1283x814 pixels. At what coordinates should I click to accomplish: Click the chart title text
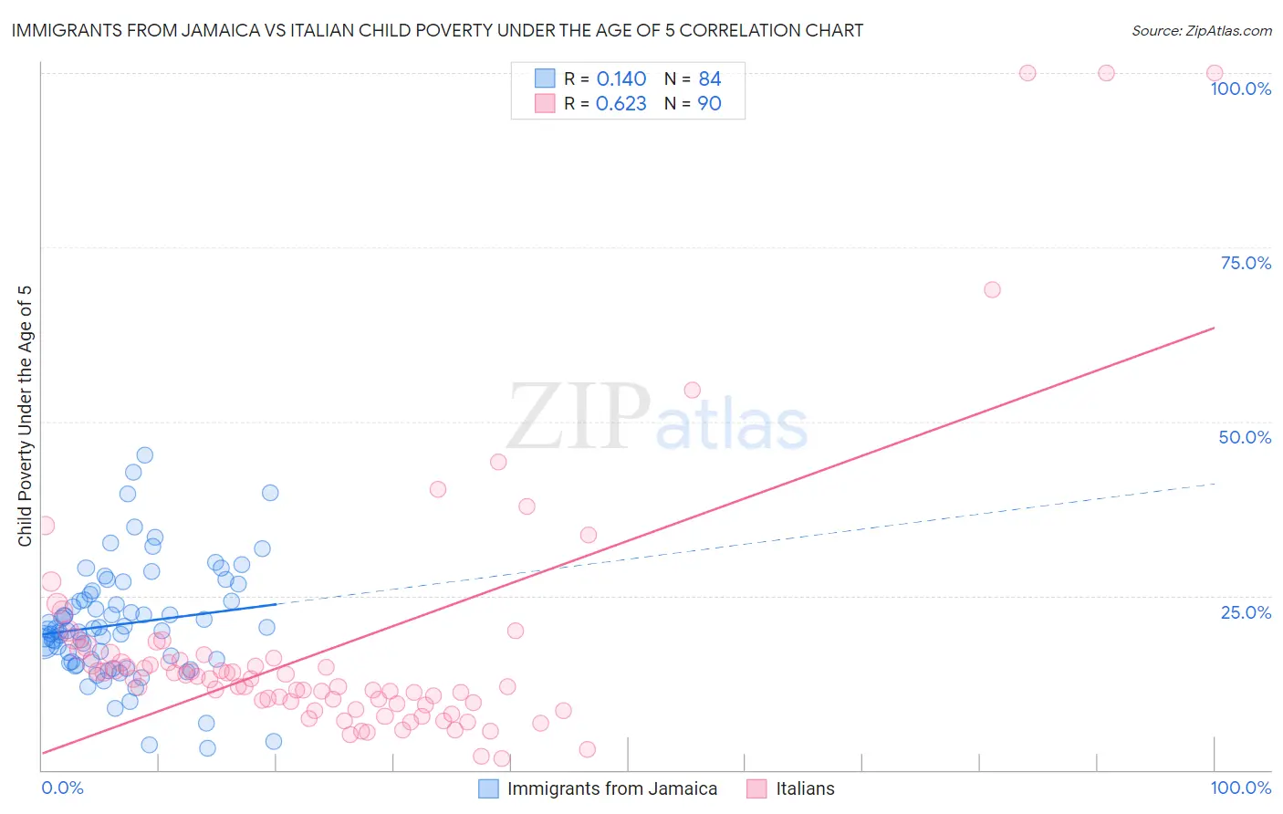[437, 30]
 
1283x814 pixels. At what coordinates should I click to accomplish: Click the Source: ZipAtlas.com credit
[1201, 30]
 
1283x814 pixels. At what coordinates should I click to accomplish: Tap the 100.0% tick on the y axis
[1240, 89]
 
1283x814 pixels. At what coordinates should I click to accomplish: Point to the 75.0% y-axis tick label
[1246, 263]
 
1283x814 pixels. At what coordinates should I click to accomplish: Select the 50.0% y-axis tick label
[1245, 437]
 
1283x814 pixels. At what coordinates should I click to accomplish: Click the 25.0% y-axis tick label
[1246, 612]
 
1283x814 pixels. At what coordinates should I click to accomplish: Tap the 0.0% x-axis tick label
[62, 788]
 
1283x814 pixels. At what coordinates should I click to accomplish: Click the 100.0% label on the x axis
[1240, 788]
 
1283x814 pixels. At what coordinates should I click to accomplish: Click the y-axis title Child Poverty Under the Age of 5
[26, 416]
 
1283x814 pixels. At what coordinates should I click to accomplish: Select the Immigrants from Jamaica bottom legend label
[611, 788]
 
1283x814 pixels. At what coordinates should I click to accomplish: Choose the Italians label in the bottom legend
[805, 788]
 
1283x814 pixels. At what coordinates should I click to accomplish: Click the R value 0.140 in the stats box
[621, 79]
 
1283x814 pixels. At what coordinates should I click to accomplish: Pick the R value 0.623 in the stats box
[621, 104]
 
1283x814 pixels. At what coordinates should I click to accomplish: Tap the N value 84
[709, 79]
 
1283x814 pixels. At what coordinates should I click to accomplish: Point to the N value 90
[709, 104]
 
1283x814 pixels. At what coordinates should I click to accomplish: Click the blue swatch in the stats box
[545, 78]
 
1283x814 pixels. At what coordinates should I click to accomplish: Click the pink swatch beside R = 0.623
[545, 103]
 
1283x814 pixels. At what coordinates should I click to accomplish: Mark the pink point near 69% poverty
[992, 289]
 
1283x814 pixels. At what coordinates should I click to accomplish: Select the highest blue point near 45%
[144, 454]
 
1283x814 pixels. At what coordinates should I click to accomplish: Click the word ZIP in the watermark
[579, 417]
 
